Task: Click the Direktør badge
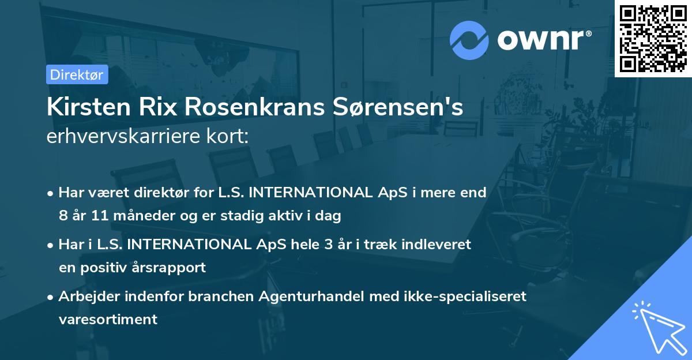[77, 74]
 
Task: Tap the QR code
[653, 38]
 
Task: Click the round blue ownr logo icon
[470, 40]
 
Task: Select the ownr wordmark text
[544, 40]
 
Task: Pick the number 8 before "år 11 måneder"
[62, 216]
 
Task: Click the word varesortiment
[108, 319]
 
